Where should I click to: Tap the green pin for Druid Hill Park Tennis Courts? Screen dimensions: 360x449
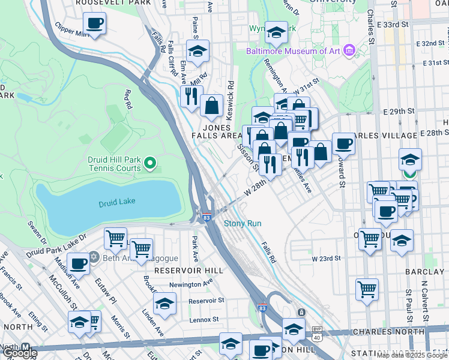151,163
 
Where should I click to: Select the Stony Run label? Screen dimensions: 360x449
243,224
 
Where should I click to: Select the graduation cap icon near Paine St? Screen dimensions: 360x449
197,52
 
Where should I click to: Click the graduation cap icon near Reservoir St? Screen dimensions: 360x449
164,304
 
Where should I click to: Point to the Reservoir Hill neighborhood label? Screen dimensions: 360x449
181,271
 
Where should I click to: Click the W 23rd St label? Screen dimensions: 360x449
326,258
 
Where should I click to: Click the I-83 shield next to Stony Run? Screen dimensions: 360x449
206,218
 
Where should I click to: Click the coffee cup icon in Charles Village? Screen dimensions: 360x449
343,143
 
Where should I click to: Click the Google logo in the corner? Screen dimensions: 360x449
19,353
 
